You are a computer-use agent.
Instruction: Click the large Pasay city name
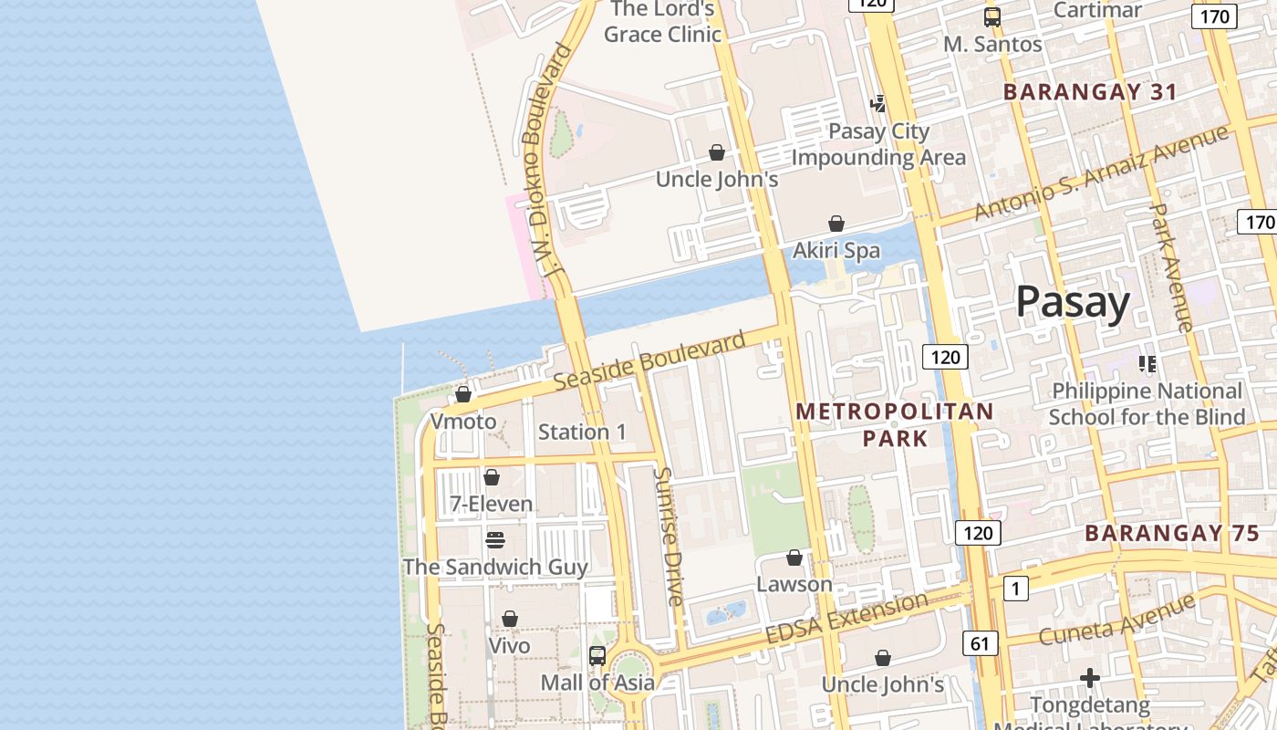pyautogui.click(x=1073, y=302)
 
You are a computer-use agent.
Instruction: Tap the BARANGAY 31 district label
pyautogui.click(x=1090, y=92)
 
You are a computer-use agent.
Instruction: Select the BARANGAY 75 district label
pyautogui.click(x=1172, y=534)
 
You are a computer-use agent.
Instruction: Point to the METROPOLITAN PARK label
pyautogui.click(x=894, y=425)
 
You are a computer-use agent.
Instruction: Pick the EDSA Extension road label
pyautogui.click(x=846, y=618)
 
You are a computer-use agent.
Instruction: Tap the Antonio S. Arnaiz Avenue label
pyautogui.click(x=1101, y=173)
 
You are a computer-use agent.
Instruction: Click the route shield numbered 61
pyautogui.click(x=980, y=643)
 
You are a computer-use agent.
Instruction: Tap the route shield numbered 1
pyautogui.click(x=1016, y=589)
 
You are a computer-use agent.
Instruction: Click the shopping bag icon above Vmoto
pyautogui.click(x=463, y=394)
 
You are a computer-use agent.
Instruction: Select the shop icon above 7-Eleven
pyautogui.click(x=492, y=477)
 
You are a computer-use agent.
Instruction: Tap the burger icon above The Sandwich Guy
pyautogui.click(x=495, y=540)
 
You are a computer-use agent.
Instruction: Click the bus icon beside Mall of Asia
pyautogui.click(x=597, y=655)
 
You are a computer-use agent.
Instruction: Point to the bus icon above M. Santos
pyautogui.click(x=991, y=17)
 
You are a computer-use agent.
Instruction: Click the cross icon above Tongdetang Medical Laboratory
pyautogui.click(x=1089, y=678)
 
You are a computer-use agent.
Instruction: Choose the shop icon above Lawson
pyautogui.click(x=794, y=558)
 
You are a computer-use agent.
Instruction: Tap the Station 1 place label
pyautogui.click(x=582, y=432)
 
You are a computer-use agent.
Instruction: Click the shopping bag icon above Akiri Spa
pyautogui.click(x=836, y=224)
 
